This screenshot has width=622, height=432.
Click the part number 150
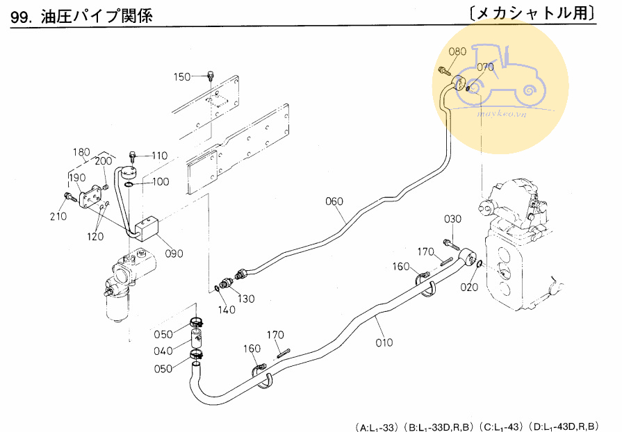tap(181, 76)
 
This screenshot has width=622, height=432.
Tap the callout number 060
tap(334, 202)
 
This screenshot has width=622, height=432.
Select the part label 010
tap(384, 342)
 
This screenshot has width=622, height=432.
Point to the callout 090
tap(174, 254)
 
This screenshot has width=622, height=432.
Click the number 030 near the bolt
tap(453, 220)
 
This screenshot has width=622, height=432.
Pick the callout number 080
tap(457, 51)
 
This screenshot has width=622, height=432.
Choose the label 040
tap(163, 351)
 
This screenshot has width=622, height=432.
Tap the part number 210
tap(58, 216)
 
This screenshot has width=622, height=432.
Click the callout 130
tap(245, 299)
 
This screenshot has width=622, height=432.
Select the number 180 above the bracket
tap(81, 152)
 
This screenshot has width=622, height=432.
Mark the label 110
tap(159, 156)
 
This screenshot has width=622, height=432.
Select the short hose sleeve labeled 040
tap(197, 339)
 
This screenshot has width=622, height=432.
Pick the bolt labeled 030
tap(449, 244)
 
